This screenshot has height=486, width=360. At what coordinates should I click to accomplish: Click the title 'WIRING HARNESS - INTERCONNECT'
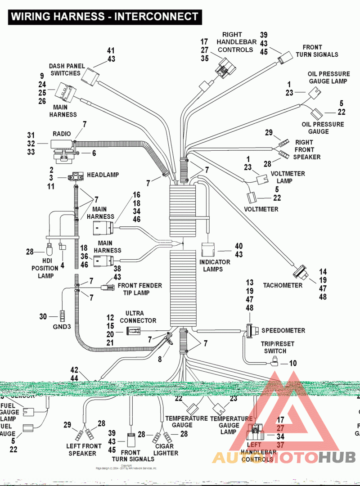(x=104, y=17)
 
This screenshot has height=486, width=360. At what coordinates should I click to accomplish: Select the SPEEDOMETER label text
(x=283, y=330)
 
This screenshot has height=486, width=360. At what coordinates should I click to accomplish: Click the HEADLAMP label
(x=103, y=174)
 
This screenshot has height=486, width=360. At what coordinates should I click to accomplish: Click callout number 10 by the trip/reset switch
(x=293, y=363)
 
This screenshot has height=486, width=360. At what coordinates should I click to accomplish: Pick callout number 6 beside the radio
(x=94, y=153)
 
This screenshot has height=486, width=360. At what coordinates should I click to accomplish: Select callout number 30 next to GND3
(x=43, y=316)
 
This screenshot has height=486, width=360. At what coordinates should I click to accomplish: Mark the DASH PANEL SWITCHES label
(x=65, y=69)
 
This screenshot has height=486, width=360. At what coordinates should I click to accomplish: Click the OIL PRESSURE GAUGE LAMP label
(x=328, y=77)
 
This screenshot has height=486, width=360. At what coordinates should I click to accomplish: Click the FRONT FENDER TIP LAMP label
(x=139, y=289)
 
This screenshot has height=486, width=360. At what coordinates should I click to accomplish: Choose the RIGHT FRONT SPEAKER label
(x=306, y=149)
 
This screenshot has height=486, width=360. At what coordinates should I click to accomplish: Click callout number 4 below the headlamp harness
(x=62, y=265)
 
